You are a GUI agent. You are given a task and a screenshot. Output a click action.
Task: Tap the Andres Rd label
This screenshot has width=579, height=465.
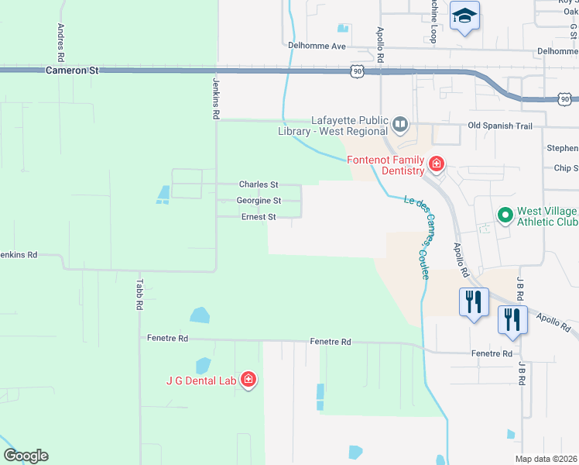(60, 42)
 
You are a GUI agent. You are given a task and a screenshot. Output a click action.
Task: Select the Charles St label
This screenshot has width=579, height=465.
(259, 184)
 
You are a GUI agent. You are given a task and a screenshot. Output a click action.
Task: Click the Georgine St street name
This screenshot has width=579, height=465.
(259, 201)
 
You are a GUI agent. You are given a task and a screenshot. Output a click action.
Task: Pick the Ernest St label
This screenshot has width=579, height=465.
(259, 217)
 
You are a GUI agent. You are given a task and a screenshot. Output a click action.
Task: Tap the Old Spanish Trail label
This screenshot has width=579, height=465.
(501, 126)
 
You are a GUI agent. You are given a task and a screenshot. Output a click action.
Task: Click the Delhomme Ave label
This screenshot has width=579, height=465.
(317, 46)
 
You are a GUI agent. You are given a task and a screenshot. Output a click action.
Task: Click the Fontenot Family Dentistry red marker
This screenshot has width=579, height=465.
(437, 164)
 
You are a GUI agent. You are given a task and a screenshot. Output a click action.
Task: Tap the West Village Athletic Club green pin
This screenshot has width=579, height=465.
(505, 214)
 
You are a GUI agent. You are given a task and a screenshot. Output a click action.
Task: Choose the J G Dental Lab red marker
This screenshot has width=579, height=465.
(248, 379)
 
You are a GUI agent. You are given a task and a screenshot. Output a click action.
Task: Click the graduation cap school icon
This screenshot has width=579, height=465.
(465, 15)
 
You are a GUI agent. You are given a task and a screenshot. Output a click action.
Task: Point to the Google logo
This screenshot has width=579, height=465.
(26, 456)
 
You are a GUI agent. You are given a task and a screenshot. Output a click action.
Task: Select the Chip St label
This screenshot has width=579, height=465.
(565, 167)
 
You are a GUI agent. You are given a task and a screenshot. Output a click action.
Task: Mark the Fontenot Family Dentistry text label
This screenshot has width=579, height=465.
(385, 165)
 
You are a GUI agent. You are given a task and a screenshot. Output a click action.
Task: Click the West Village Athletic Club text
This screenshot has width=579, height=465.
(546, 216)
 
